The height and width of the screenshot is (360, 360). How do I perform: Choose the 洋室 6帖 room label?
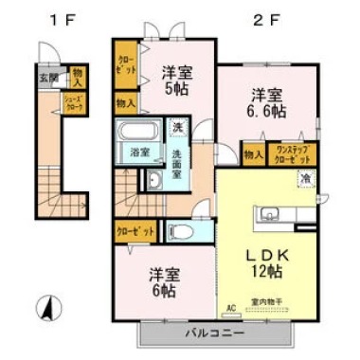165,283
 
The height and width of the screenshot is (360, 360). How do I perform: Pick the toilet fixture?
180,231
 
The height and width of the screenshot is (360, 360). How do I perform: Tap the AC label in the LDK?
230,307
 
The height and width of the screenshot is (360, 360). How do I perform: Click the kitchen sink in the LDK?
267,212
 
